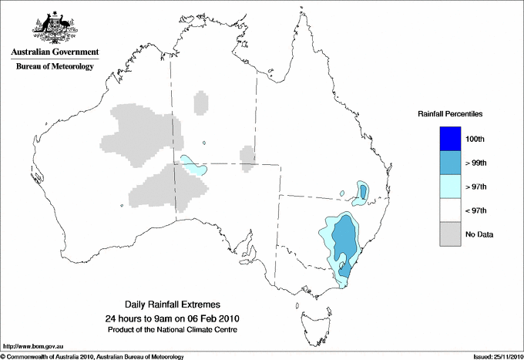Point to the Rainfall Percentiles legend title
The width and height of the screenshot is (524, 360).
click(x=450, y=114)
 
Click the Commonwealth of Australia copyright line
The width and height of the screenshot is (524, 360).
click(x=92, y=356)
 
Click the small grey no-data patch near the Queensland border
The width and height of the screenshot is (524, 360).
click(x=247, y=157)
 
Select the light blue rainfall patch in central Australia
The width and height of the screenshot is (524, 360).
click(x=193, y=165)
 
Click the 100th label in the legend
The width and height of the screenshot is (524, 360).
click(x=475, y=139)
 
